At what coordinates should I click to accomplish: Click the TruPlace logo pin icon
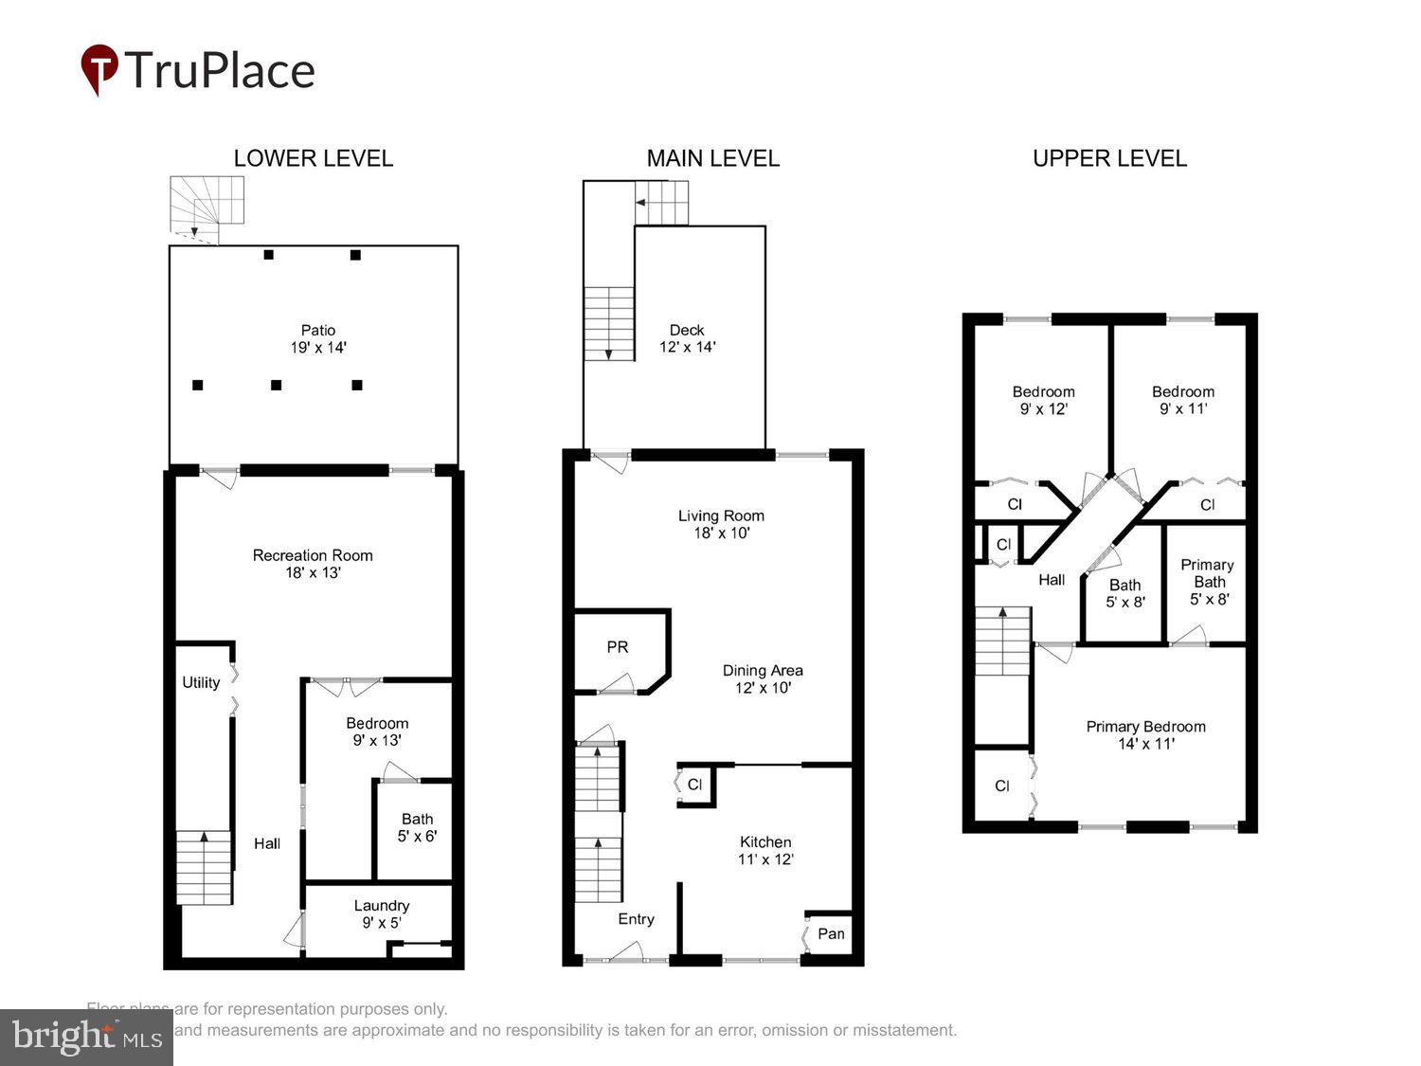tap(99, 68)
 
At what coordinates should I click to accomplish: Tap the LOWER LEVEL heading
tap(313, 158)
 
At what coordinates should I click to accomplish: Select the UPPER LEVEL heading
tap(1109, 158)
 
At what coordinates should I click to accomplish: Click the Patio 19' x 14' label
tap(318, 338)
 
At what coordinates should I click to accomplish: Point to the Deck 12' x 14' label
tap(687, 338)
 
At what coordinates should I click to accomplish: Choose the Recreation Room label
tap(313, 564)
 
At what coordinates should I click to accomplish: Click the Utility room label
tap(201, 682)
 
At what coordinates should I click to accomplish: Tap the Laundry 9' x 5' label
tap(382, 913)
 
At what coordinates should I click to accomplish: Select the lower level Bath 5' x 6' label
tap(417, 827)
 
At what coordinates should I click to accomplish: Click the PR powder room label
tap(618, 647)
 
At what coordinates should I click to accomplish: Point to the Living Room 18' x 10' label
tap(721, 524)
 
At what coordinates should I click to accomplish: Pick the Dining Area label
tap(763, 678)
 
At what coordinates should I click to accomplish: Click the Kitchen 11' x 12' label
tap(765, 850)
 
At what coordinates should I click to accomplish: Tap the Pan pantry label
tap(831, 933)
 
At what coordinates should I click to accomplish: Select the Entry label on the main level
tap(636, 919)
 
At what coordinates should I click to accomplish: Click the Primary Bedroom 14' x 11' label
tap(1145, 734)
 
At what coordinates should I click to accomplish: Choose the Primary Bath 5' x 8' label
tap(1208, 582)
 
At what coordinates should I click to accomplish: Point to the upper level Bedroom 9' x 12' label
tap(1043, 400)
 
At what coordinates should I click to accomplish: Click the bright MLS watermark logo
tap(86, 1038)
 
